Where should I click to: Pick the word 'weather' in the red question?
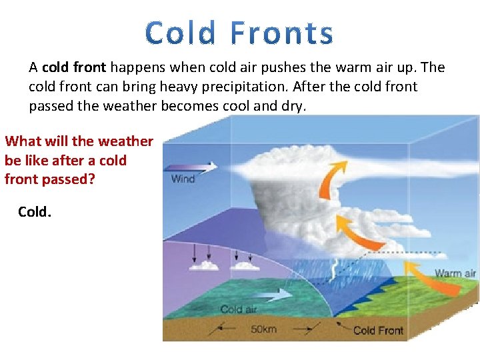click(x=125, y=141)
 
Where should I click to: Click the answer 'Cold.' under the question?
click(x=33, y=211)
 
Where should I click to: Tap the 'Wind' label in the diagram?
click(x=183, y=178)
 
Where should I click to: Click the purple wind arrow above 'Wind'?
click(x=190, y=167)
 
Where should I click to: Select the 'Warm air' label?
click(x=455, y=273)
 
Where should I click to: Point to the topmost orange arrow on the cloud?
click(x=327, y=181)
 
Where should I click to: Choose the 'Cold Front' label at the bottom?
click(x=378, y=330)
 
